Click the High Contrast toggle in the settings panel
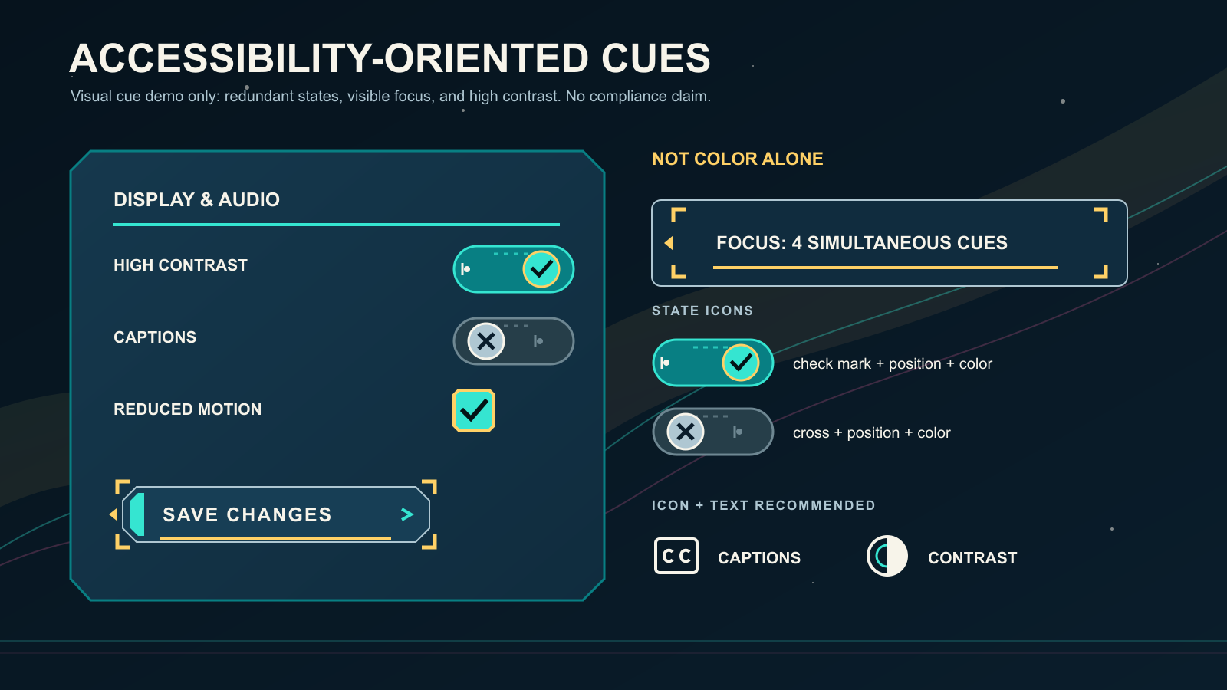pyautogui.click(x=513, y=269)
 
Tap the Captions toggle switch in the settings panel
pyautogui.click(x=513, y=341)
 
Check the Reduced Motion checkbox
pyautogui.click(x=474, y=410)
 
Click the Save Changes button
pyautogui.click(x=275, y=514)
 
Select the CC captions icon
pyautogui.click(x=676, y=556)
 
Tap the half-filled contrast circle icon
pyautogui.click(x=887, y=556)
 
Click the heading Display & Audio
pyautogui.click(x=196, y=200)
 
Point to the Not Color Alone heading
pyautogui.click(x=737, y=159)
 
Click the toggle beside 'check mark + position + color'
pyautogui.click(x=712, y=363)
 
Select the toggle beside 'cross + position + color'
pyautogui.click(x=712, y=432)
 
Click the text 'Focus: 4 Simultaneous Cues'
pyautogui.click(x=862, y=242)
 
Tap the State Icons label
pyautogui.click(x=702, y=310)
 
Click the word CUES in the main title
pyautogui.click(x=656, y=58)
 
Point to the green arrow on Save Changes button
pyautogui.click(x=407, y=514)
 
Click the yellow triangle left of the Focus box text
pyautogui.click(x=669, y=242)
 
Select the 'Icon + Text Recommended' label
pyautogui.click(x=764, y=505)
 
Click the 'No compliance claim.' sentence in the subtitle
pyautogui.click(x=638, y=97)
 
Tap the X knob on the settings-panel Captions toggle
pyautogui.click(x=486, y=341)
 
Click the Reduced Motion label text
pyautogui.click(x=187, y=409)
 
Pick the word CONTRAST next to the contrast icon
pyautogui.click(x=972, y=557)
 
